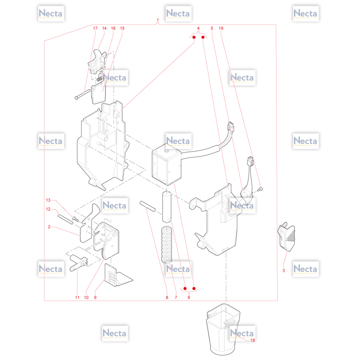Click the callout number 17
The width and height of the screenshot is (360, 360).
coord(95,28)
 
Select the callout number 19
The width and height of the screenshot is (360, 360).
coord(221,28)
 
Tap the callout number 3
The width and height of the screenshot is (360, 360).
coord(283,270)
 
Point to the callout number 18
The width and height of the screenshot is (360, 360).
coord(252,340)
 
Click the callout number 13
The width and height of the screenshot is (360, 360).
coord(48,200)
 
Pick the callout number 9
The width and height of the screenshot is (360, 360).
coord(95,297)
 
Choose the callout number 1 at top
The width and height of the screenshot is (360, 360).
coord(158,20)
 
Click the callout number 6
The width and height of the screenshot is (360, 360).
coord(189,297)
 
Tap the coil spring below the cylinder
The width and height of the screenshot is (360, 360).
coord(166,245)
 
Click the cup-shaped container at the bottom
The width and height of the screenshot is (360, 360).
coord(223,329)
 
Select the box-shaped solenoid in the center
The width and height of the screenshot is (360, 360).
coord(166,164)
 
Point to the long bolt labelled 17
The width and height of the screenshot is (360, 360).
coord(83,94)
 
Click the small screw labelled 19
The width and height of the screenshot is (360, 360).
coord(261,189)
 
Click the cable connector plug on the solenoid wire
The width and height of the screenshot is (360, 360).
coord(231,126)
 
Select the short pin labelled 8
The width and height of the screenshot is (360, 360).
coord(148,206)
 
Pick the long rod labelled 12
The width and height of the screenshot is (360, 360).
coord(65,219)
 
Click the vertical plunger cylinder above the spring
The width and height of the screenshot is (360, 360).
coord(167,207)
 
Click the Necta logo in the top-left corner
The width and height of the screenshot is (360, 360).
coord(51,13)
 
